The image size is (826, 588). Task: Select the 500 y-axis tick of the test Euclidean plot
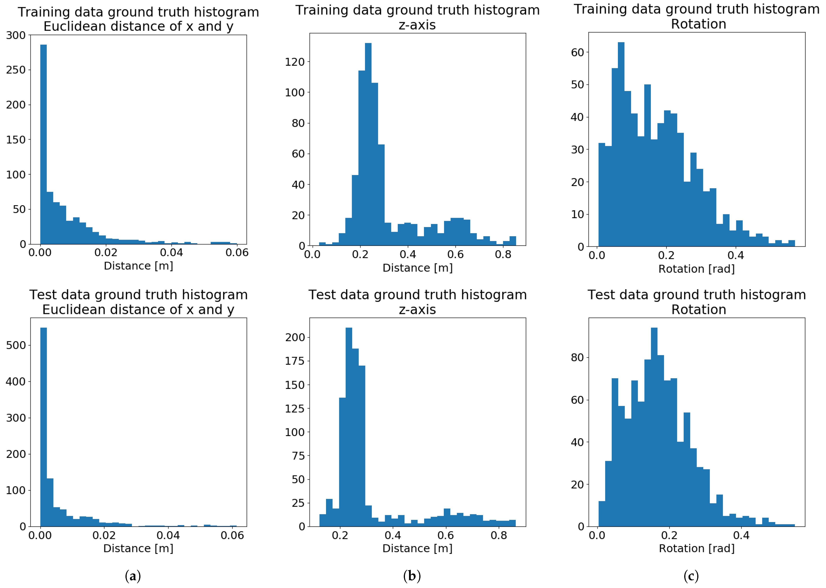click(x=16, y=345)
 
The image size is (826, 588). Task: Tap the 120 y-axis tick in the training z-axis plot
click(x=295, y=62)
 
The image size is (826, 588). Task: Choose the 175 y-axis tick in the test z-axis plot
click(x=295, y=361)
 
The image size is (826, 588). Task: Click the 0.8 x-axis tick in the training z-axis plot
click(x=503, y=255)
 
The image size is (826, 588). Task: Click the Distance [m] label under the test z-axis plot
click(x=418, y=548)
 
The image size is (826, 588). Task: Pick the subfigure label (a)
click(x=133, y=576)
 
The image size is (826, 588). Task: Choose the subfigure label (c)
click(x=691, y=576)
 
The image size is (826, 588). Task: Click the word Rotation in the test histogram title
click(x=699, y=310)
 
